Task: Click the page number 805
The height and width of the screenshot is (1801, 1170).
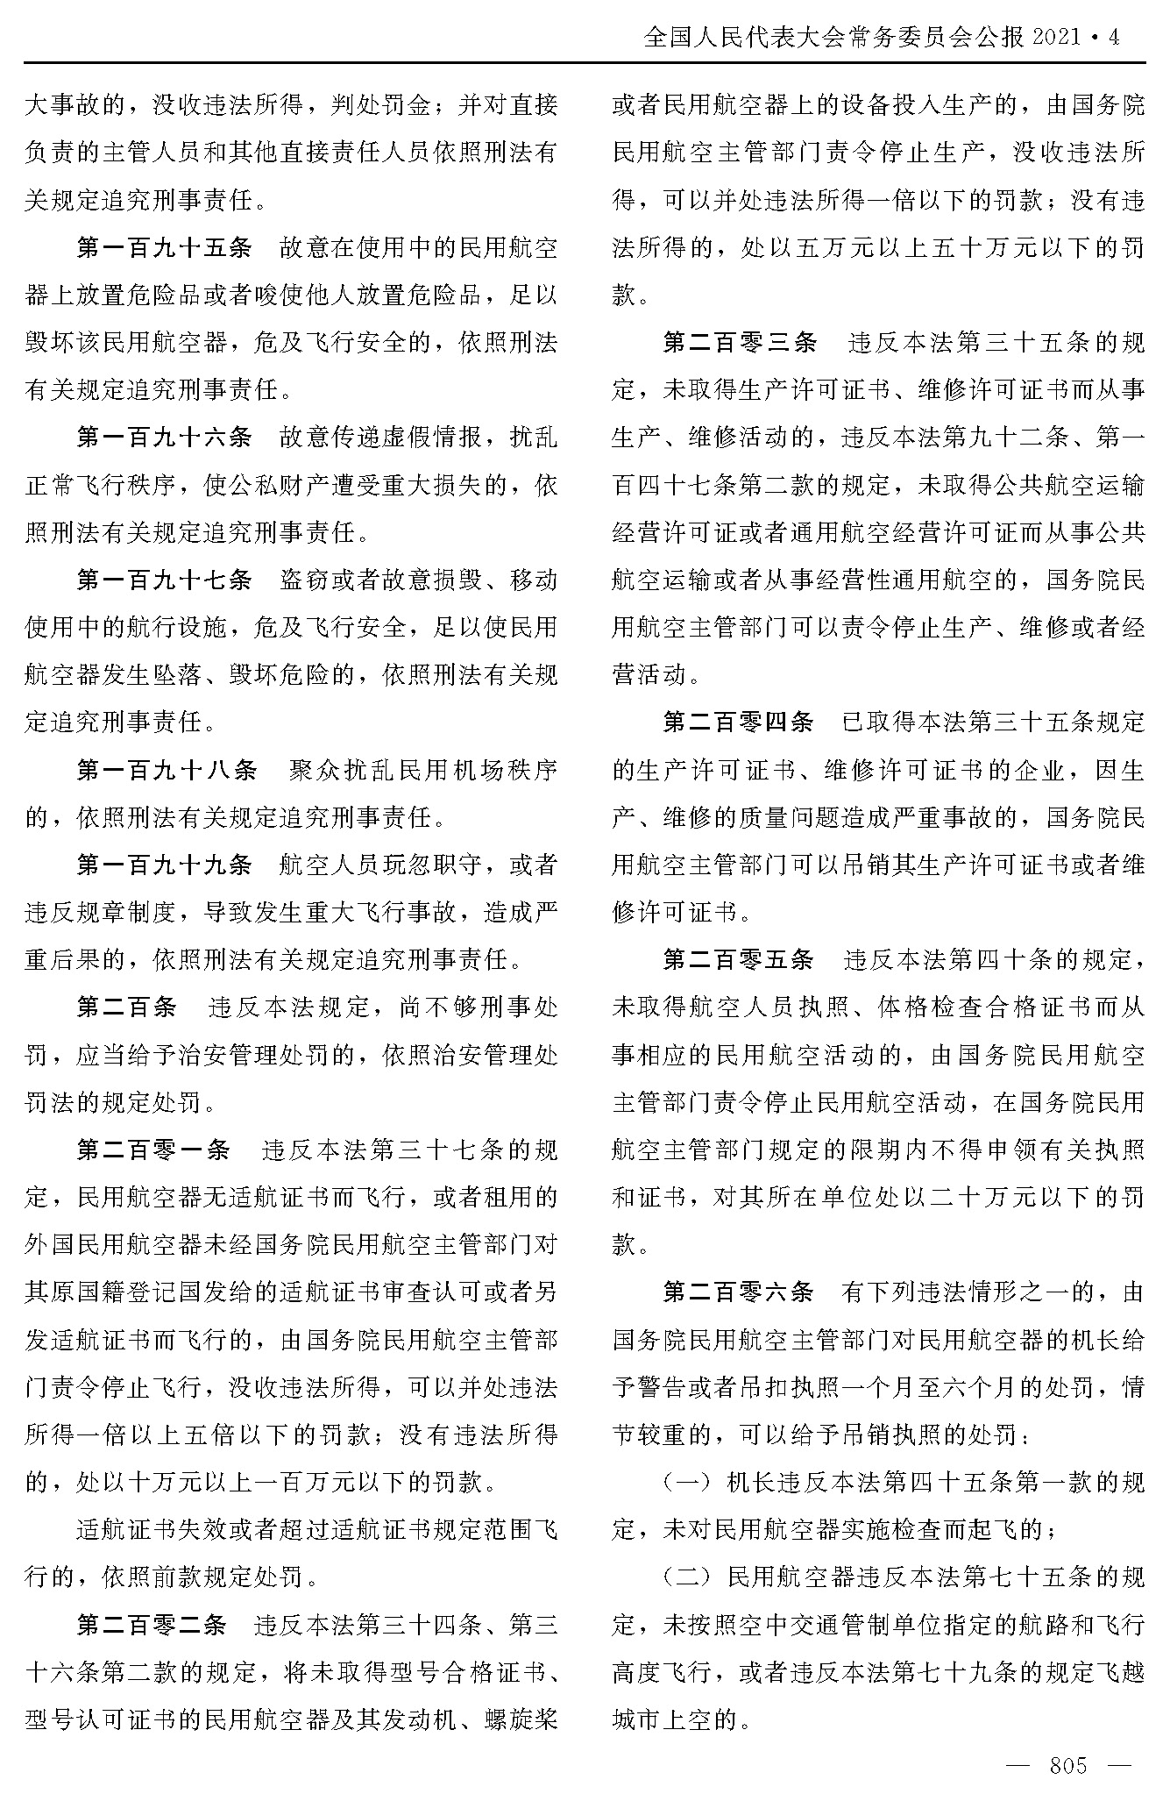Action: [1067, 1765]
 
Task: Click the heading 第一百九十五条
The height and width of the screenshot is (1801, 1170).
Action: [164, 248]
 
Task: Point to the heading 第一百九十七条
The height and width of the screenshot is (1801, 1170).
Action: [164, 580]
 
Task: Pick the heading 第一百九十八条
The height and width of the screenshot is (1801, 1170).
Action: [167, 770]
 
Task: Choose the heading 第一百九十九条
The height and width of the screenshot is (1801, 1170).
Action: [164, 865]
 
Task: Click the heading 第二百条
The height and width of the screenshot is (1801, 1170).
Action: [126, 1007]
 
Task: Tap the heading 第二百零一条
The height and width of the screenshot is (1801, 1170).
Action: [152, 1150]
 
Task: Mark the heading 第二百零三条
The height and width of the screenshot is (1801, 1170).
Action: [740, 343]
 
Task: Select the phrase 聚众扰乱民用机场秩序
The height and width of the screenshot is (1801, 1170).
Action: [423, 770]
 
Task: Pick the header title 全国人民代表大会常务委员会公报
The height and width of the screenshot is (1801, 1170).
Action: [833, 38]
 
